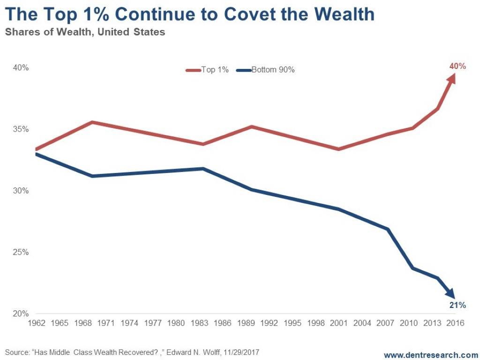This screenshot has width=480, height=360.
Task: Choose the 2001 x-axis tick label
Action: (338, 323)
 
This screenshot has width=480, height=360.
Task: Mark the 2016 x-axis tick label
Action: (455, 323)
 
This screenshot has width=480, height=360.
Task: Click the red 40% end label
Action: (457, 66)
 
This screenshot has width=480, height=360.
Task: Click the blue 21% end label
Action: (457, 305)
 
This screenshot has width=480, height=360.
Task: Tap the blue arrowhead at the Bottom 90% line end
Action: (451, 293)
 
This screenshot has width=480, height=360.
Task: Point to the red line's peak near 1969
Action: (93, 122)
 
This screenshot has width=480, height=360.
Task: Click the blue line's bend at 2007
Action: (388, 229)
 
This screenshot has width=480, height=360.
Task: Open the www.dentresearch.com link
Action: (431, 354)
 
